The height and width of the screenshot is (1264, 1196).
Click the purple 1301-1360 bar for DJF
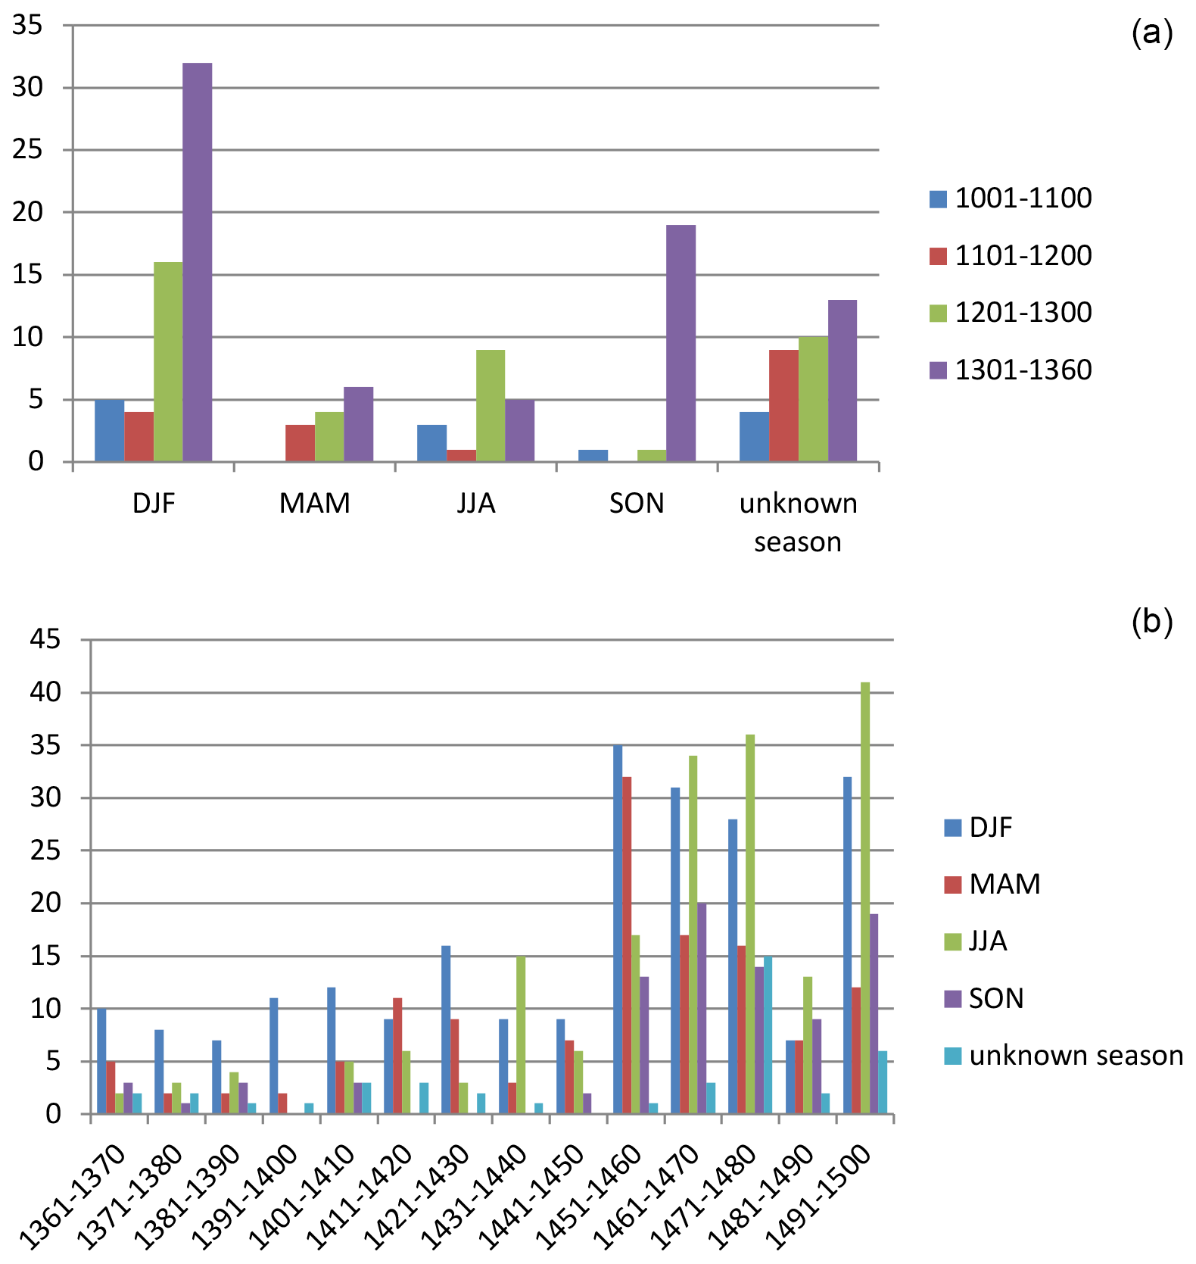197,261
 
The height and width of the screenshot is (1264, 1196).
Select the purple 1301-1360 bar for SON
681,342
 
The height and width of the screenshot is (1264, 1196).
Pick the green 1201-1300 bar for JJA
490,405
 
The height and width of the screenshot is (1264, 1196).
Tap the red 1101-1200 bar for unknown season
783,405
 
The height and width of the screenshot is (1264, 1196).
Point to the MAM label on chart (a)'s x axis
315,504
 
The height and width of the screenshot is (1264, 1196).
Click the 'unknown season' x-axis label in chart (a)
798,523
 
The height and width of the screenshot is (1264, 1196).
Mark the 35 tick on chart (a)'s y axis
28,26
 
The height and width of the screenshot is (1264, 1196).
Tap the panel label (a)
1151,33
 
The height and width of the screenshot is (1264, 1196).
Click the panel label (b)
1151,622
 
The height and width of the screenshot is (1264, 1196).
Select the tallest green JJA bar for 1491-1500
865,897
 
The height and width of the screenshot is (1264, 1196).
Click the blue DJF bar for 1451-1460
618,929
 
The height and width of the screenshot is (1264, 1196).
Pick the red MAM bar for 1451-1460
627,945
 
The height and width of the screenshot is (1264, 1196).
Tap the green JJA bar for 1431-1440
521,1035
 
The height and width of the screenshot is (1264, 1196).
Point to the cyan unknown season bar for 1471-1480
768,1035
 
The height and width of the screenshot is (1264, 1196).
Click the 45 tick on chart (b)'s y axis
45,640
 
